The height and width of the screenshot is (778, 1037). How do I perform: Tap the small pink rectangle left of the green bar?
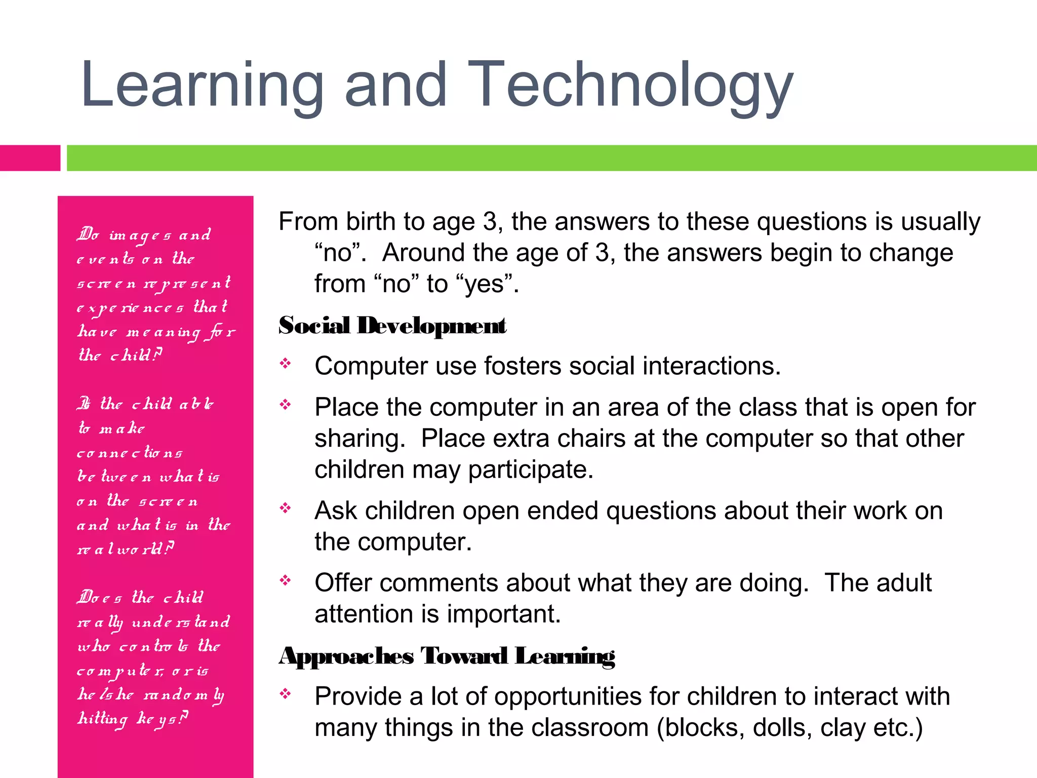click(x=29, y=158)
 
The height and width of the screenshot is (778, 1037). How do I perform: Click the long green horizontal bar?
click(x=551, y=158)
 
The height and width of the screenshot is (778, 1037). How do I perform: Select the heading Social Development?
click(x=392, y=326)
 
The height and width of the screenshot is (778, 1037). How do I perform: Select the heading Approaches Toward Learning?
click(x=447, y=656)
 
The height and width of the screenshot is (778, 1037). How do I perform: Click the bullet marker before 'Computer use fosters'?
click(x=286, y=363)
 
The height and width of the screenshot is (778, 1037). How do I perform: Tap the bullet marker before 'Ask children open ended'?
click(x=286, y=508)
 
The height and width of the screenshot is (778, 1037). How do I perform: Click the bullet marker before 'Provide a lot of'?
click(x=286, y=693)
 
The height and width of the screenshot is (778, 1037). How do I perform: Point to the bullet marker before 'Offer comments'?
click(x=286, y=580)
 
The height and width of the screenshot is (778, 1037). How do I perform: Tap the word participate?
click(x=530, y=470)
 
